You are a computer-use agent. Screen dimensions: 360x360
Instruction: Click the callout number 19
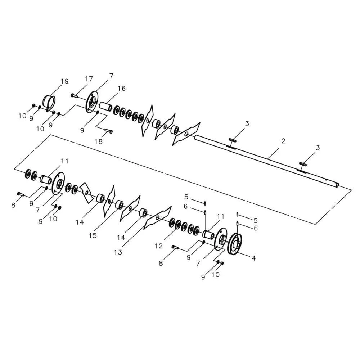(x=65, y=81)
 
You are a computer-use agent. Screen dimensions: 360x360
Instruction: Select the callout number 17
(x=89, y=79)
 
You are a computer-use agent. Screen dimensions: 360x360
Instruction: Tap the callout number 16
(x=122, y=89)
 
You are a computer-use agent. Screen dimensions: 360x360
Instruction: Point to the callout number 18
(x=99, y=141)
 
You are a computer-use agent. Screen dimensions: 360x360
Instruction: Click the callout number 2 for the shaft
(x=283, y=141)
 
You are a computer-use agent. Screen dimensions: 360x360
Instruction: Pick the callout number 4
(x=254, y=258)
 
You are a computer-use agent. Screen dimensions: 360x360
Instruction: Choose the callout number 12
(x=159, y=246)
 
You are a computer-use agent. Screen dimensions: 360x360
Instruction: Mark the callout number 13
(x=118, y=252)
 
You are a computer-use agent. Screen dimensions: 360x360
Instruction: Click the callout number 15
(x=93, y=235)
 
